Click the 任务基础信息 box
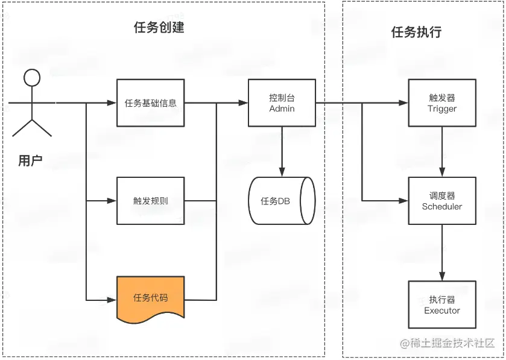[x=150, y=103]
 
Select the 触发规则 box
[x=150, y=201]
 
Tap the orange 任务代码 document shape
[x=150, y=297]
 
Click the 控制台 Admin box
[x=282, y=103]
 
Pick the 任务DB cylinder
[x=282, y=201]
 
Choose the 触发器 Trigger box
[x=442, y=103]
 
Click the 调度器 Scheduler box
[x=442, y=201]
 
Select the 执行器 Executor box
[x=442, y=305]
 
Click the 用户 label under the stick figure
[x=30, y=160]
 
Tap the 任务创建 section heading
[x=159, y=28]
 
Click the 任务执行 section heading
[x=416, y=32]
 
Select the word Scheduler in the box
[x=442, y=206]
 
